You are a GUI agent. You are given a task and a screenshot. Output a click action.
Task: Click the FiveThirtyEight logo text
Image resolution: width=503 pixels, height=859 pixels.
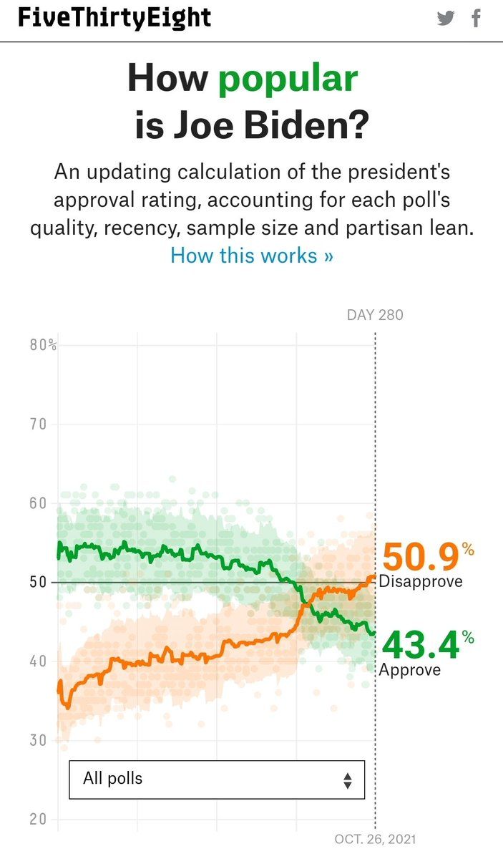(114, 18)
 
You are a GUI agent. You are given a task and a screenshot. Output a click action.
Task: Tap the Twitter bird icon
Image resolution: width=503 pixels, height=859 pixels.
(446, 19)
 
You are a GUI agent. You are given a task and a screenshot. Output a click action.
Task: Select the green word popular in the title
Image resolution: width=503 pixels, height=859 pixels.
(288, 78)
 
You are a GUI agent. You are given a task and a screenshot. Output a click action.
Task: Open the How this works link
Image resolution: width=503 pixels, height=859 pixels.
(251, 255)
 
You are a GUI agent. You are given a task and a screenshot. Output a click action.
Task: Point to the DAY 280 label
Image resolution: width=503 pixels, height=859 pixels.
(375, 315)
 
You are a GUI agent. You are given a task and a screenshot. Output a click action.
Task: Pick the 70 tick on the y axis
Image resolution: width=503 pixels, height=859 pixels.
(39, 424)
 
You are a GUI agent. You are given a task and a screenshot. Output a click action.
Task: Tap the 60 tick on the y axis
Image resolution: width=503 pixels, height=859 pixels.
(39, 503)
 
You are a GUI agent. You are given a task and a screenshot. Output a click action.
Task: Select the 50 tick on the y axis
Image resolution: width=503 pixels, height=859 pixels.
(39, 582)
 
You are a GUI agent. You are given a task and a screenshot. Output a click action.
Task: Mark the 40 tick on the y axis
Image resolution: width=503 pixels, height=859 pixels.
(39, 661)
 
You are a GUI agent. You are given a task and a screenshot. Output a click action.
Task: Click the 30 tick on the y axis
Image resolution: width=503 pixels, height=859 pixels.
(39, 740)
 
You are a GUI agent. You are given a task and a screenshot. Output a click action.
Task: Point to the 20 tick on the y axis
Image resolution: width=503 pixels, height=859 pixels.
(39, 820)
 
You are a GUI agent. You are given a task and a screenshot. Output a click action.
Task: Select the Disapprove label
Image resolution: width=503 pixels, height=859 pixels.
(421, 581)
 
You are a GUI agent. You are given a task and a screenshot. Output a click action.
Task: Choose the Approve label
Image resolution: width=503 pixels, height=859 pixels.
(409, 670)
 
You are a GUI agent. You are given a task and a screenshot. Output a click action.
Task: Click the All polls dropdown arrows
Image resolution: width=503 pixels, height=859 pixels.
(347, 780)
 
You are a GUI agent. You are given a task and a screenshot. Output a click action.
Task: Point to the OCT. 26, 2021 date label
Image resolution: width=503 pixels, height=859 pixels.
(374, 839)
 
